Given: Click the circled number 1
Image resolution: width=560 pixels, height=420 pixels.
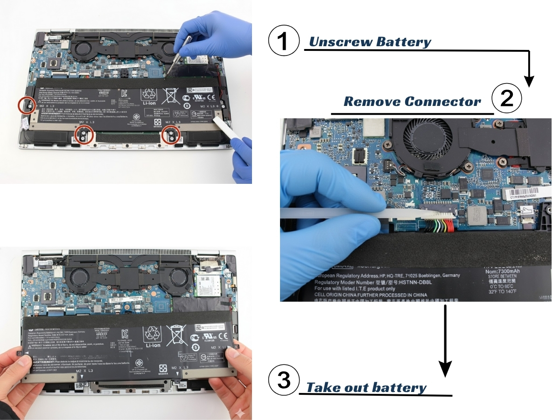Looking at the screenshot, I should [283, 41].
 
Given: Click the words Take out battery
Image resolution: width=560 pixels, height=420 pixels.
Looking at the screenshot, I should [366, 388].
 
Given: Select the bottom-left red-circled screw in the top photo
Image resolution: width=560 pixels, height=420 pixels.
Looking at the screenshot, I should [84, 135].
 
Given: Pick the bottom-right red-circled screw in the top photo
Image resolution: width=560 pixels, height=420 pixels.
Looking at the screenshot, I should [171, 135].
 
